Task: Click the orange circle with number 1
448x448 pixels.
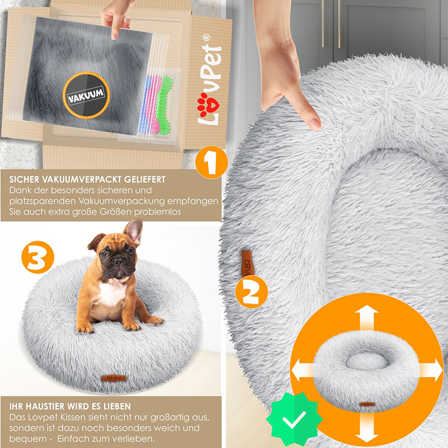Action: coord(212,162)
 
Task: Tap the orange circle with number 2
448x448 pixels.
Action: coord(251,292)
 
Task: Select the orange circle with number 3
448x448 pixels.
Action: coord(38,257)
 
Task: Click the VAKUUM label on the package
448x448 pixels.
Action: coord(86,95)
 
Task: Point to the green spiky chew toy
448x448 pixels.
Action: coord(164,106)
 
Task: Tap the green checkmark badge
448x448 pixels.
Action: coord(295,419)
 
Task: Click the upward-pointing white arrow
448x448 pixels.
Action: coord(367,318)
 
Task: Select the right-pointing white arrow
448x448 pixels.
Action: coord(431,370)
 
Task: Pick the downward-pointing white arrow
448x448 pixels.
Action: coord(367,428)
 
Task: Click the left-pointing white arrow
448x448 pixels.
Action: coord(303,370)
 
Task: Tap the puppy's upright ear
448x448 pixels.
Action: coord(133,231)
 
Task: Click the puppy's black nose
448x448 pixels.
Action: coord(119,261)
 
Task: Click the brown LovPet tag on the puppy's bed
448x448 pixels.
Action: coord(114,378)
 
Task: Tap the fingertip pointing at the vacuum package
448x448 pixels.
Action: coord(114,36)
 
